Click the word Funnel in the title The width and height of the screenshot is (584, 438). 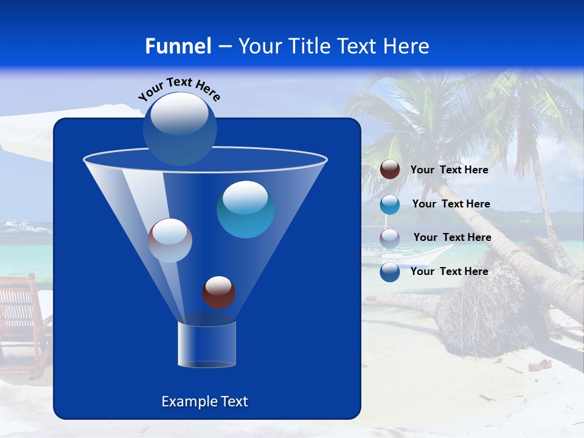178,46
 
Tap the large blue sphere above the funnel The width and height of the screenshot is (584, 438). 180,128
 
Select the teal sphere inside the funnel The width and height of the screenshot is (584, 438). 245,209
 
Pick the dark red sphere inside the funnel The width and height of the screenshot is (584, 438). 218,292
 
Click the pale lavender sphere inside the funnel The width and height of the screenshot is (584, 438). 170,240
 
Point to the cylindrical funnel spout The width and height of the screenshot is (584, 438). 207,344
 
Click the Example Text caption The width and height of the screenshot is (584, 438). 204,401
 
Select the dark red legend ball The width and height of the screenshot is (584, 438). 390,170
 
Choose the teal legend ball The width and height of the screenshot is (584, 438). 390,204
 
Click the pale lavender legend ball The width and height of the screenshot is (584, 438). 390,238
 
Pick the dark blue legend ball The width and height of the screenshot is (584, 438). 390,272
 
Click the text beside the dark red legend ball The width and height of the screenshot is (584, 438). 449,170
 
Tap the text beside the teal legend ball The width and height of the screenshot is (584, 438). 451,204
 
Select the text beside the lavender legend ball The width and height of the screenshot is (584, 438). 452,238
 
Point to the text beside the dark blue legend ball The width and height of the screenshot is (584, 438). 449,272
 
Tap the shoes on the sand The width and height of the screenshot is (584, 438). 540,365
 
